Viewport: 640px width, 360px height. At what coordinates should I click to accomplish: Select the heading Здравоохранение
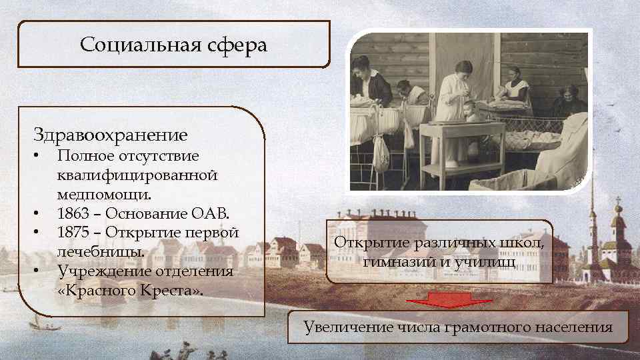[111, 135]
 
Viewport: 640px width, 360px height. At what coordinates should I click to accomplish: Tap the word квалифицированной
[137, 175]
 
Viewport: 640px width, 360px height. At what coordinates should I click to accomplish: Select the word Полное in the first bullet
[81, 156]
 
